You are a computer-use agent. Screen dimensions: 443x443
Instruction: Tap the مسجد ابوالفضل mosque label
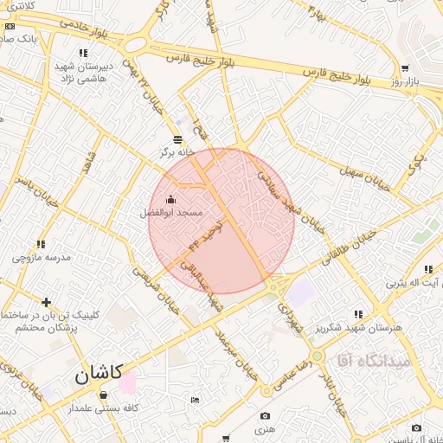coord(171,212)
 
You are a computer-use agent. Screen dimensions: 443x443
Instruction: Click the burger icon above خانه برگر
coord(177,138)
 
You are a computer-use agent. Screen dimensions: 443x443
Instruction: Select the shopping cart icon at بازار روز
coord(404,68)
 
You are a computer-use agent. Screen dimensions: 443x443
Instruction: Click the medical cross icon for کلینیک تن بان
coord(46,302)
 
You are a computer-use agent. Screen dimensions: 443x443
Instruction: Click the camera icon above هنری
coord(264,416)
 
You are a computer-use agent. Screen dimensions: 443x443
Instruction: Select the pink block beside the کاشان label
coord(127,382)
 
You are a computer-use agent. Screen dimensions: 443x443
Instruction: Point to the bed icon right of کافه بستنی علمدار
coord(194,399)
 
